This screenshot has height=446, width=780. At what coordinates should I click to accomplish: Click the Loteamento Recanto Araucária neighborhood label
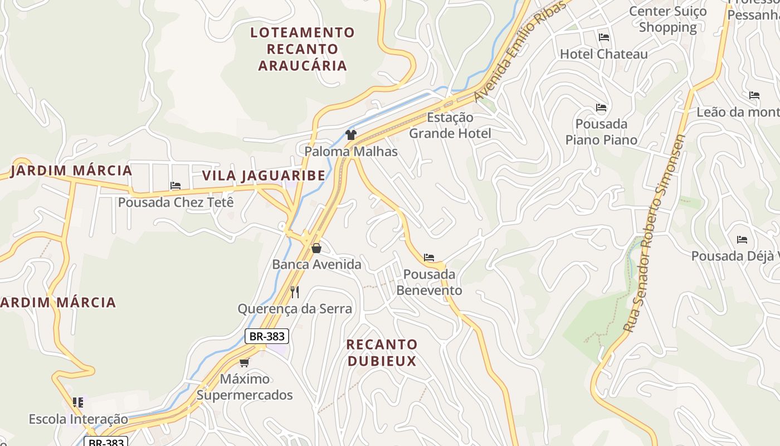coord(302,49)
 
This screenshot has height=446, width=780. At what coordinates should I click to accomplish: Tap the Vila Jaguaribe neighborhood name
coord(264,176)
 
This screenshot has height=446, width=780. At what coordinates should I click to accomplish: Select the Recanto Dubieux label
coord(382,352)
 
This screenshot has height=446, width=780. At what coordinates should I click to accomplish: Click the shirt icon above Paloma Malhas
coord(350,134)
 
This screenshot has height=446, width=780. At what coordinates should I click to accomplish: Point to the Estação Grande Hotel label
coord(450,125)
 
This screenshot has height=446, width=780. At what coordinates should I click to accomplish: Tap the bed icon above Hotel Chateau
coord(603,37)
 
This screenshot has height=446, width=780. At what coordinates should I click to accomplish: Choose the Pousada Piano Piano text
coord(601,132)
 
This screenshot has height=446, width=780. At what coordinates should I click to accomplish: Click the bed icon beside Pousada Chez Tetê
coord(175,186)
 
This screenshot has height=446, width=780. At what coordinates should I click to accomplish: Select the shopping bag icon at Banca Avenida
coord(316,248)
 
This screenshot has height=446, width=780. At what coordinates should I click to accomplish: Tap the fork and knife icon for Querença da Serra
coord(295,292)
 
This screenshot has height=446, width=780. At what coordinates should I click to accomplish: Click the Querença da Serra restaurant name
coord(295,309)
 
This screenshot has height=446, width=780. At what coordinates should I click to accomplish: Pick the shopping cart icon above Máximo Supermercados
coord(244,362)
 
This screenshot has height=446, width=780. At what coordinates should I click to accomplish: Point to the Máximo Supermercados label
coord(245,387)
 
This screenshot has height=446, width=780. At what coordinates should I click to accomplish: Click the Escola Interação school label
coord(78,419)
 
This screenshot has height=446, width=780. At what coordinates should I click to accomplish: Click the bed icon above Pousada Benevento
coord(428,258)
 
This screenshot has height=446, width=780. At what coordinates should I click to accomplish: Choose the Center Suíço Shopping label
coord(667,19)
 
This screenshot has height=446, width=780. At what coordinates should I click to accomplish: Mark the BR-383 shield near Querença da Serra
coord(267,336)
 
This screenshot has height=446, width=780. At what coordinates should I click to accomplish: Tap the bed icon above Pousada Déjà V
coord(742,240)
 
